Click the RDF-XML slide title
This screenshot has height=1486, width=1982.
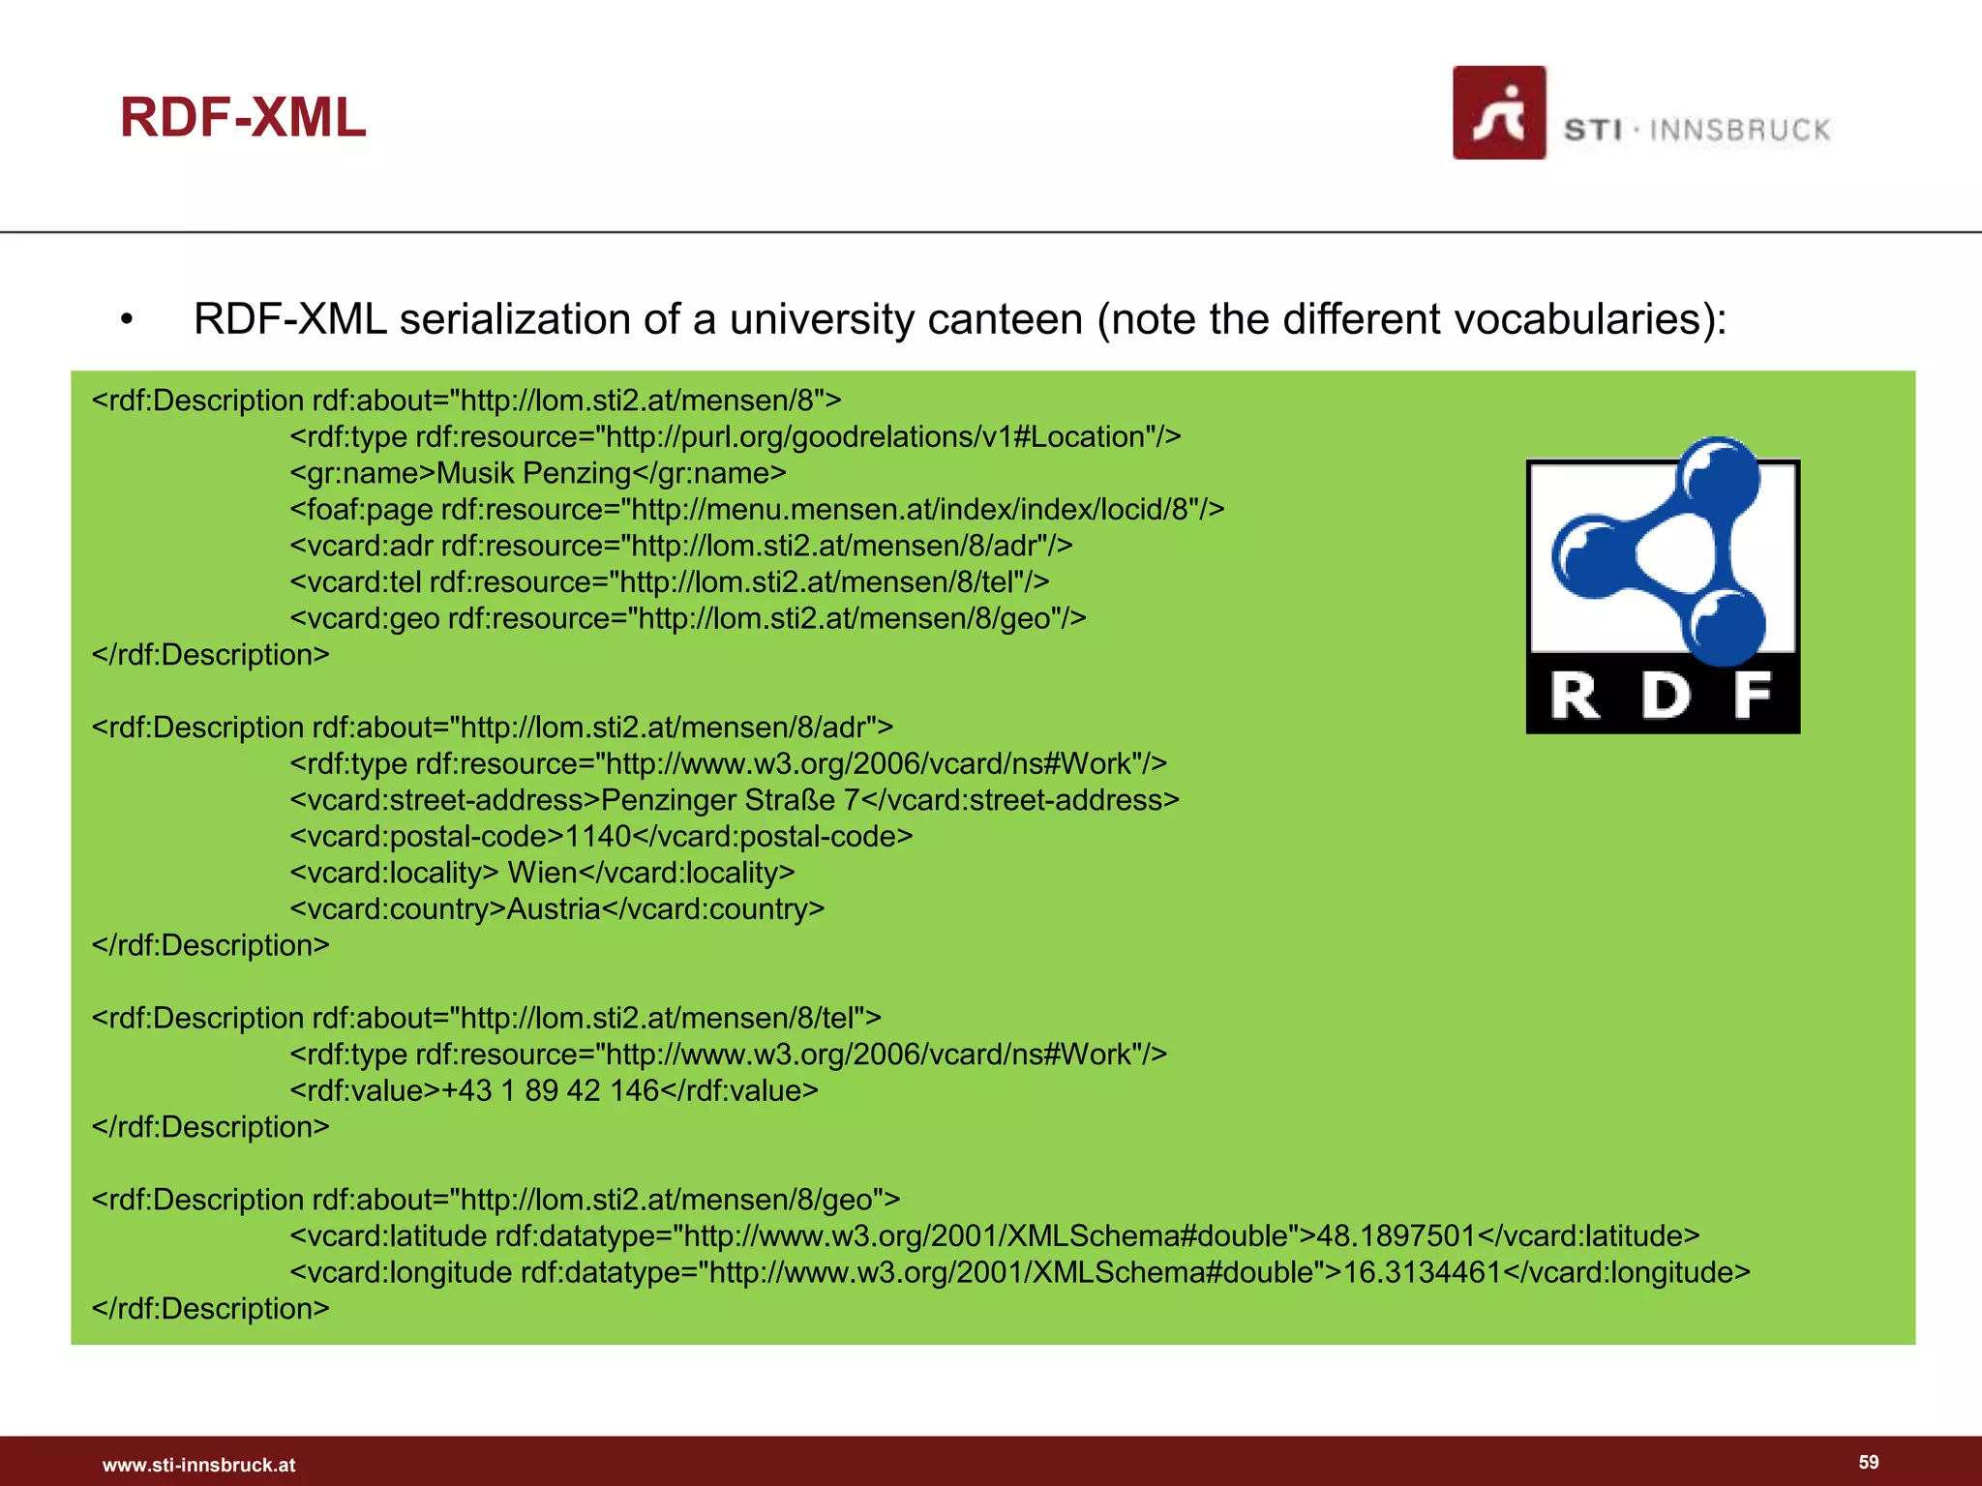point(243,118)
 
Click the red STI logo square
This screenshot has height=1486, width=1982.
point(1498,113)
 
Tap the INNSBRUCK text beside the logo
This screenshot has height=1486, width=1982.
point(1739,131)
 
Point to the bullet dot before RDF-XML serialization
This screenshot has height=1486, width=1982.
point(127,320)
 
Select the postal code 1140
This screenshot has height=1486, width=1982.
point(597,837)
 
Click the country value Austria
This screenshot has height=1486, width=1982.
point(554,909)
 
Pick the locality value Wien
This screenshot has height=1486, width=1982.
point(542,873)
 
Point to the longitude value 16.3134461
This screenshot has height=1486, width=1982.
point(1421,1272)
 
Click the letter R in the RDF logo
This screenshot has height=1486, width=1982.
point(1576,696)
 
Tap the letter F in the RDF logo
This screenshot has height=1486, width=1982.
point(1752,696)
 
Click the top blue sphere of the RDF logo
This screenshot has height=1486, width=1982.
point(1720,476)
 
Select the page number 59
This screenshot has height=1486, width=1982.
point(1868,1462)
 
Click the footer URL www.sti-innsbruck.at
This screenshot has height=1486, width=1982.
point(198,1465)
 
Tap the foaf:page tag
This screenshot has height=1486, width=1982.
point(362,510)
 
